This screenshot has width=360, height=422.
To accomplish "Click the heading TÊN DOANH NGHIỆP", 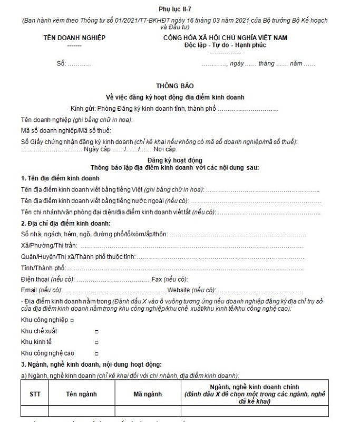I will pyautogui.click(x=74, y=39).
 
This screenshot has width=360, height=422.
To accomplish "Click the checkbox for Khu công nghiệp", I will pyautogui.click(x=72, y=320).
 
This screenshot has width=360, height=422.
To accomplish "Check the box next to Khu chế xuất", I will pyautogui.click(x=96, y=331).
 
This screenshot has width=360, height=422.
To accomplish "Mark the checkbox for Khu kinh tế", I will pyautogui.click(x=96, y=342).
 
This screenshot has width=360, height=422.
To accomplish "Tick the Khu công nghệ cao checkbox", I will pyautogui.click(x=96, y=353).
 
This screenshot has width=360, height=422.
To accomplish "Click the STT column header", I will pyautogui.click(x=35, y=394).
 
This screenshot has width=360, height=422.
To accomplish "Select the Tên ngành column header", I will pyautogui.click(x=81, y=394).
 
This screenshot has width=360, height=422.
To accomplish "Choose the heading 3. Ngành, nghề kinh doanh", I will pyautogui.click(x=87, y=365).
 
